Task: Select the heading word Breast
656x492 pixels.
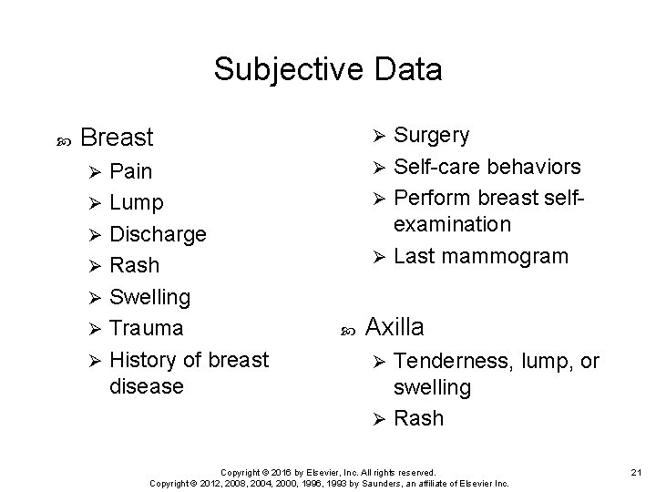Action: tap(117, 138)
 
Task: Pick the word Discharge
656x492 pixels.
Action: tap(158, 234)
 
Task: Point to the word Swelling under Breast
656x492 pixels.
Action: tap(149, 297)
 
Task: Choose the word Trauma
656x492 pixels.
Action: tap(146, 328)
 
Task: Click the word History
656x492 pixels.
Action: tap(147, 360)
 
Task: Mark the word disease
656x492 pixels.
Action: tap(146, 386)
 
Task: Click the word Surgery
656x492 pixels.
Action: tap(432, 136)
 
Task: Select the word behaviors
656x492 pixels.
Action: tap(536, 167)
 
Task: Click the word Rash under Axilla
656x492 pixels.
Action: tap(419, 418)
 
